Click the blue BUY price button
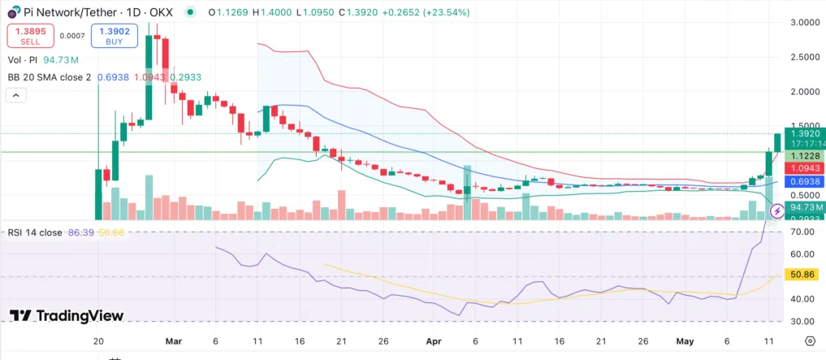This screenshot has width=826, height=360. point(115,36)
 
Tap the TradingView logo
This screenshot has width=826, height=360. point(67,315)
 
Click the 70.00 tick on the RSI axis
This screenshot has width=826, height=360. point(804,232)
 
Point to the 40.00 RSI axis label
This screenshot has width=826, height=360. point(804,299)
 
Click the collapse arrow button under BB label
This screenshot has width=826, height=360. point(15,95)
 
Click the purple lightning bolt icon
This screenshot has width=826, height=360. point(776,211)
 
